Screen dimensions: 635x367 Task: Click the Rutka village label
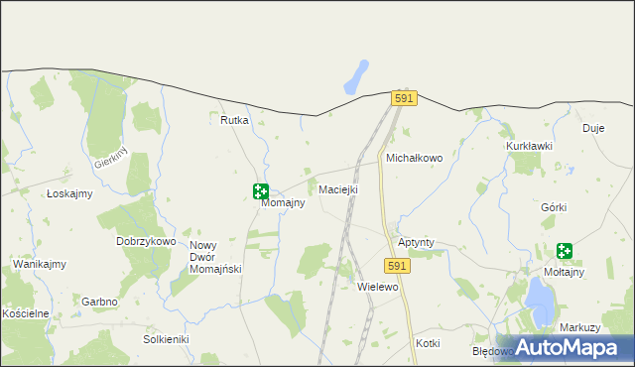[x=234, y=120]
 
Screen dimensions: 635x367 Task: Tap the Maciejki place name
[x=338, y=189]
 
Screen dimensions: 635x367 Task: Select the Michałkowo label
[x=414, y=158]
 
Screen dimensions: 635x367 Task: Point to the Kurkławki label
[x=529, y=146]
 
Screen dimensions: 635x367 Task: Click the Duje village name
[x=593, y=128]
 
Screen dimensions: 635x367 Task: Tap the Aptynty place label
[x=416, y=243]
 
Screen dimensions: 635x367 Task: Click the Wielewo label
[x=377, y=287]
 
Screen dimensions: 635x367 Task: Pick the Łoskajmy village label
[x=69, y=194]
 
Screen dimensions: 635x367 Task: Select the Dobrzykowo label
[x=146, y=241]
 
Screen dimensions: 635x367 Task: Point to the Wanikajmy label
[x=40, y=264]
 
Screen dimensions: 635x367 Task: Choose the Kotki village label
[x=428, y=343]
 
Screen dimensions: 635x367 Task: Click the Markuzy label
[x=580, y=327]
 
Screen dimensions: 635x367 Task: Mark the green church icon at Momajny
[x=261, y=190]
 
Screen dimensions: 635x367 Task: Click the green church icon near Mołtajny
[x=565, y=252]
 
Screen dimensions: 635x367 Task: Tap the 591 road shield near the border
[x=403, y=99]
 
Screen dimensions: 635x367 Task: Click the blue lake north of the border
[x=356, y=77]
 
